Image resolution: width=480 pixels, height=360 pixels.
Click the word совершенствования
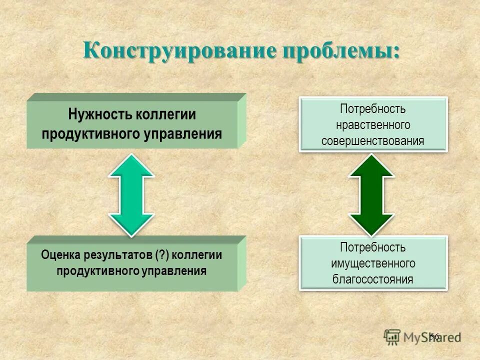click(x=373, y=140)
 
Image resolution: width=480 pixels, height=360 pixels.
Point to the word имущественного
click(x=373, y=263)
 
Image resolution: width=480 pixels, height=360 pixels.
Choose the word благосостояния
click(x=373, y=279)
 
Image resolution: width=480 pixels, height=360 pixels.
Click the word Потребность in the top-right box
click(x=373, y=108)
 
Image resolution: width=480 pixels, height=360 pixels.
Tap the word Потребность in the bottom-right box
click(x=373, y=247)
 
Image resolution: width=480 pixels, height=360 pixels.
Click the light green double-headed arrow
click(x=132, y=194)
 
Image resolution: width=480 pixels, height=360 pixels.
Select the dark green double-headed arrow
click(x=371, y=194)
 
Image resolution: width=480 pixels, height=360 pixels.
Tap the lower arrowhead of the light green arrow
click(x=132, y=223)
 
